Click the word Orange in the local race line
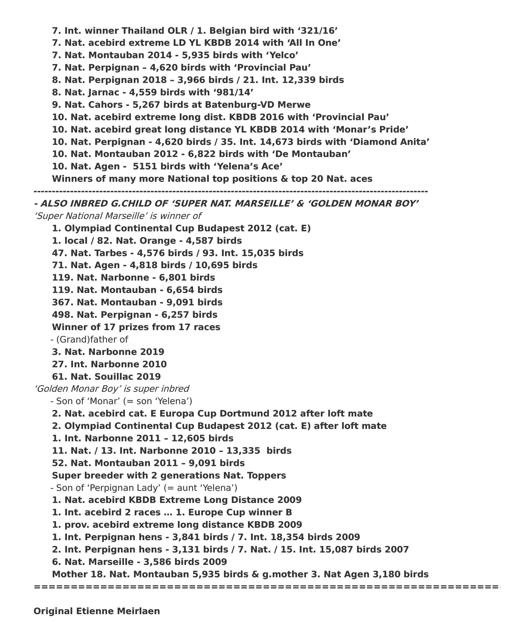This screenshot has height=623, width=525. pyautogui.click(x=161, y=241)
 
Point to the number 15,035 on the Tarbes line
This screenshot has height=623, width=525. pyautogui.click(x=257, y=253)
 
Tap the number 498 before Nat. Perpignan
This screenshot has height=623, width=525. pyautogui.click(x=63, y=315)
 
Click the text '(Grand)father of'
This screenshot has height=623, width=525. pyautogui.click(x=92, y=340)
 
